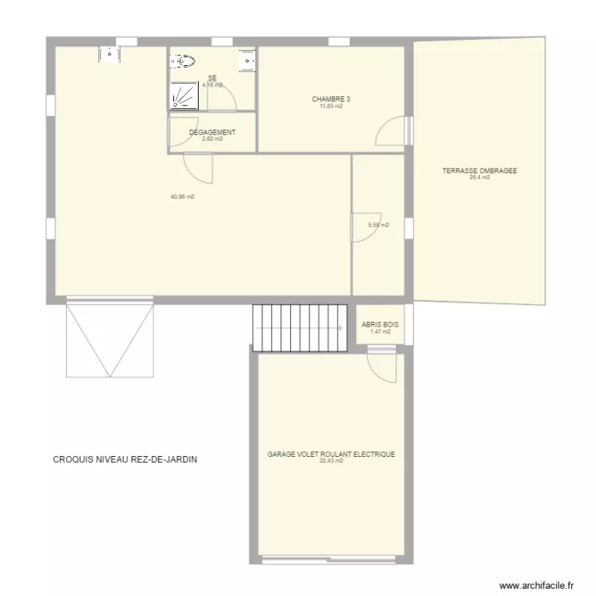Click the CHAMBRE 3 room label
(x=331, y=99)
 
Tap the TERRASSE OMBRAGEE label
(x=479, y=170)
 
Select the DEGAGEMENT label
(x=211, y=132)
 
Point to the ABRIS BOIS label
(x=380, y=325)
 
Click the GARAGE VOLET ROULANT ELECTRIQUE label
(x=331, y=455)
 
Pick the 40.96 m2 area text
(x=182, y=196)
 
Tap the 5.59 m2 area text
(x=378, y=225)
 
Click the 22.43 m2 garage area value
(x=331, y=461)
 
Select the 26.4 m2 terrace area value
(x=479, y=177)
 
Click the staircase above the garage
(x=300, y=326)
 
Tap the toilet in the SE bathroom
(x=184, y=60)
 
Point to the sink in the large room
(x=108, y=54)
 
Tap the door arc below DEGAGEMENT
(x=199, y=167)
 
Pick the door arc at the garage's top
(x=381, y=367)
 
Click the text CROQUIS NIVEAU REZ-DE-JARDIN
(x=125, y=459)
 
